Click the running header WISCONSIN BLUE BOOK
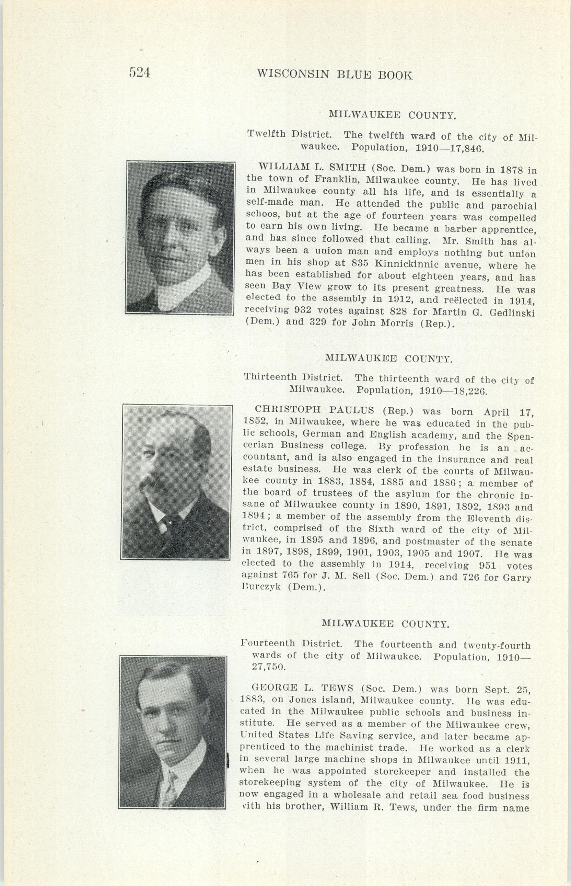(x=335, y=75)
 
